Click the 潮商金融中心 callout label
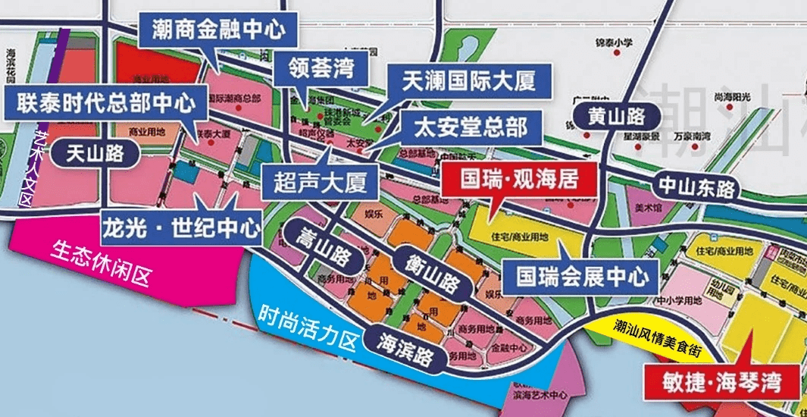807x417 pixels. [217, 30]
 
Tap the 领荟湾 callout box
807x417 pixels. [322, 71]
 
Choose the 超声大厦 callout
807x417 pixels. [320, 182]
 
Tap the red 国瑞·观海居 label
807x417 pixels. [520, 180]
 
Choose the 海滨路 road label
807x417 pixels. [408, 348]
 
